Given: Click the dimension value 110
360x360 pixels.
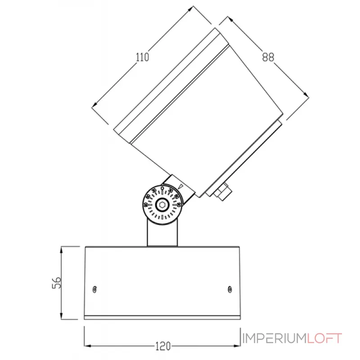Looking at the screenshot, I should point(142,57).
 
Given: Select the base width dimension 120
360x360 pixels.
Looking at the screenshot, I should point(162,346).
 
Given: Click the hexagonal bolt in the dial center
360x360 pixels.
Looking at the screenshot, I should point(162,206).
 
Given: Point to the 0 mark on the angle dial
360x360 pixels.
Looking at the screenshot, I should point(162,189).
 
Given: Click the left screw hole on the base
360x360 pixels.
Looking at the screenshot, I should point(94,289).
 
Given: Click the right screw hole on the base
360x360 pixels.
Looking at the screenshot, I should point(230,288).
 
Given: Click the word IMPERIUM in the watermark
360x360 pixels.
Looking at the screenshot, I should point(274,338).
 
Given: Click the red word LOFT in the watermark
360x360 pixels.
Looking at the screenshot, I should point(324,338).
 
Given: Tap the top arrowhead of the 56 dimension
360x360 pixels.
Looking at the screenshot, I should point(61,248).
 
